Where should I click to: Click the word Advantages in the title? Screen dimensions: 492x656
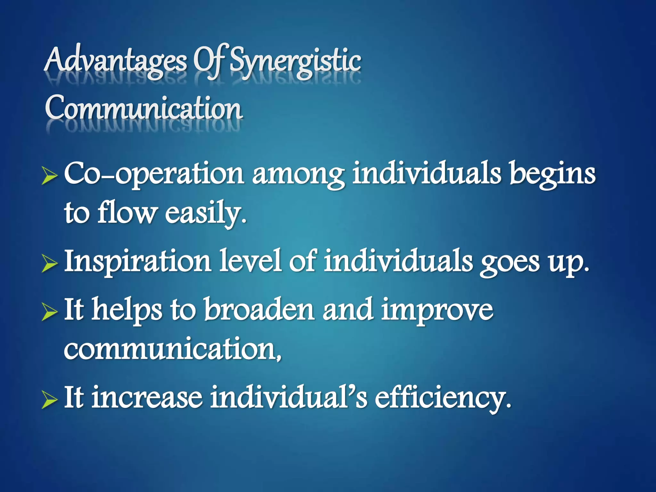pyautogui.click(x=115, y=61)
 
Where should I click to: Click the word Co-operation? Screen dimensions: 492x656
pyautogui.click(x=154, y=175)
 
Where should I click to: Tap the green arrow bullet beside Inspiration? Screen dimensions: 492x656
pyautogui.click(x=50, y=265)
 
